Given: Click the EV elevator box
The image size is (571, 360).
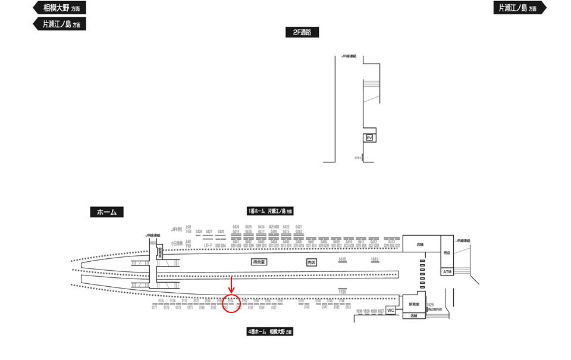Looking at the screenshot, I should tap(369, 138).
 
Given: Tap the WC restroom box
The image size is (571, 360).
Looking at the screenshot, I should tap(391, 311).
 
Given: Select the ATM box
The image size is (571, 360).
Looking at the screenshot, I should tap(448, 272).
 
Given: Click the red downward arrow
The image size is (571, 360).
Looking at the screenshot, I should tap(231, 284).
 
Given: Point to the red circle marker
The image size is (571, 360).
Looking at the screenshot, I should tap(231, 303).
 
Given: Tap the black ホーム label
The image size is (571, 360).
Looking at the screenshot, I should tap(106, 212).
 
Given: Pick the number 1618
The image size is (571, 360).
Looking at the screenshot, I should tap(342, 259).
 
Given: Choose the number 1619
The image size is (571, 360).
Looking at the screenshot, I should tap(375, 259).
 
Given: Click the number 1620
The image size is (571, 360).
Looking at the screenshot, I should tap(342, 292).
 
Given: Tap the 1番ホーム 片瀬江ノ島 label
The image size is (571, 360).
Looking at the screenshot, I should tap(270, 211).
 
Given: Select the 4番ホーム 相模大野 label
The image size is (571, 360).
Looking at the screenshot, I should tap(270, 331).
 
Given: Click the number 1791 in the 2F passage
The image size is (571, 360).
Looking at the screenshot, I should tap(357, 158).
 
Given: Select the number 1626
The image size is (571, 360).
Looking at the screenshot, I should tap(431, 305).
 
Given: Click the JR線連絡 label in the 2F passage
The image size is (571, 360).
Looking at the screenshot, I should tap(349, 56).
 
